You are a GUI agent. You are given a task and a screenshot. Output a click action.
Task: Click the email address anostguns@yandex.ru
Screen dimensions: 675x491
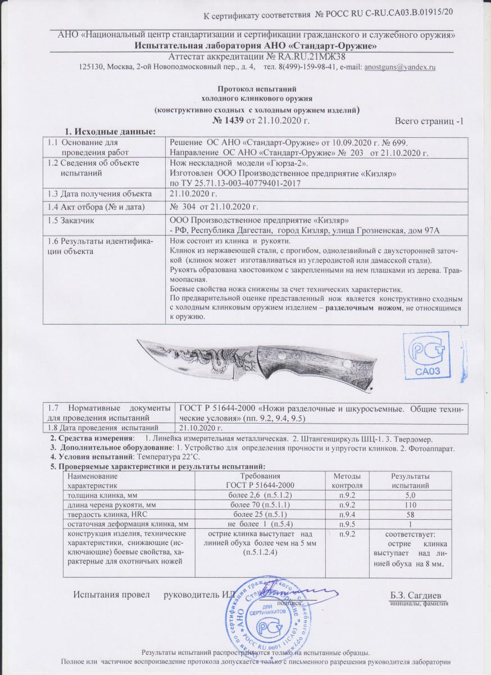coord(400,67)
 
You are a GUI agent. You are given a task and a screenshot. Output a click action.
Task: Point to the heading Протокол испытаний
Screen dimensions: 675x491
coord(256,89)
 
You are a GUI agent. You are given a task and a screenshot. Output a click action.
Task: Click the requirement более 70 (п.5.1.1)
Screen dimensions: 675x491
coord(255,505)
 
